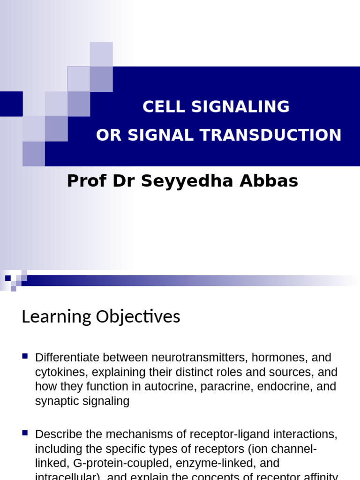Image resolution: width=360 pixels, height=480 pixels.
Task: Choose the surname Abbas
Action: click(270, 181)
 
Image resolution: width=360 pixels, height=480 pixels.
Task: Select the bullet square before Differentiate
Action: click(25, 356)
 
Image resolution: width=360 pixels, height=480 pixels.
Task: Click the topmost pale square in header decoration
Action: click(101, 54)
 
